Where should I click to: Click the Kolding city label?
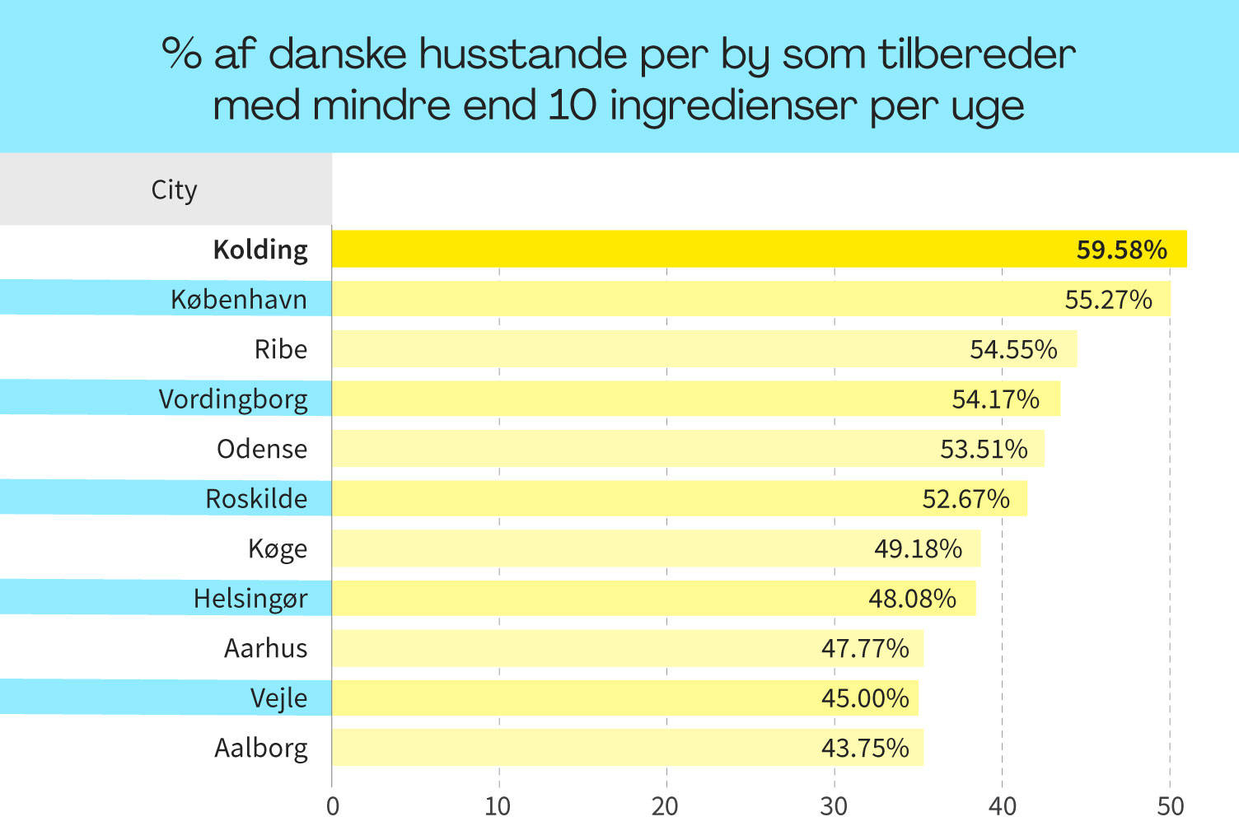click(260, 250)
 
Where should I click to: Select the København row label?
click(239, 300)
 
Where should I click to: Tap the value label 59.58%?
click(1121, 250)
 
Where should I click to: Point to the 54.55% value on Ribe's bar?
click(1013, 349)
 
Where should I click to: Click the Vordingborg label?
click(233, 399)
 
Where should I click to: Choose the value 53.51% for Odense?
click(984, 449)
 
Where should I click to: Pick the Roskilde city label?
click(256, 499)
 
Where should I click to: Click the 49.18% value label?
click(918, 548)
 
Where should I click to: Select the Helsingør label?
click(250, 599)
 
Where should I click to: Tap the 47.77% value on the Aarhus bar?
click(865, 648)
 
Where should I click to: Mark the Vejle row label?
click(278, 698)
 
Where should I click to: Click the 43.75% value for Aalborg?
click(865, 748)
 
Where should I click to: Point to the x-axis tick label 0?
click(333, 805)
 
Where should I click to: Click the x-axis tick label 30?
click(834, 805)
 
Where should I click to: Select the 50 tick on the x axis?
click(1170, 805)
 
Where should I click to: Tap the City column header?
click(174, 190)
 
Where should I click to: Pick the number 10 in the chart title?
click(572, 105)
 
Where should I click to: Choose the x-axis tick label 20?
click(666, 805)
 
